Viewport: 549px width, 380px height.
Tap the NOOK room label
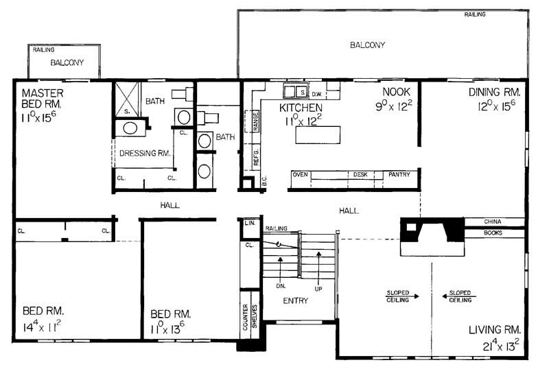point(396,92)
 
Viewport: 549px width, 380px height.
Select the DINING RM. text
point(495,92)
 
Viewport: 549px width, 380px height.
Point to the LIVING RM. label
point(495,330)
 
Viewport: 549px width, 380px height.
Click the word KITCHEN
point(301,108)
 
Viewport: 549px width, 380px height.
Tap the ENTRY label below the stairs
point(296,300)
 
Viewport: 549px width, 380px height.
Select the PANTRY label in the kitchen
point(399,175)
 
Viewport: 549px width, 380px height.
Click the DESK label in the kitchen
point(360,175)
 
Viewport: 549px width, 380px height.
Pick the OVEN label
point(299,175)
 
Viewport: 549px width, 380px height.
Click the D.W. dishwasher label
point(317,93)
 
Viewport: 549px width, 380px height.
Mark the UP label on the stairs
point(317,289)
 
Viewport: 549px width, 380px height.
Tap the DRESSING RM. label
point(145,154)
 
